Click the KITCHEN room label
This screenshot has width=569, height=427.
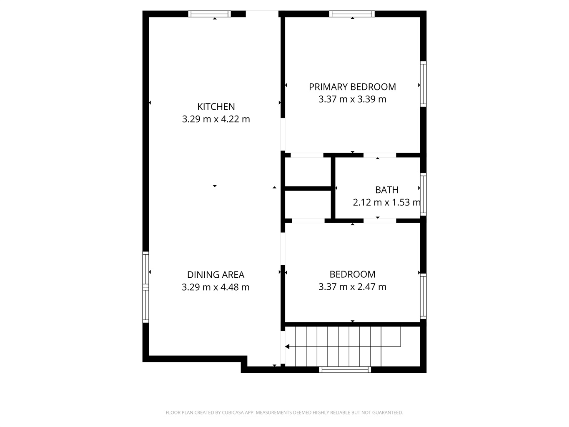[216, 107]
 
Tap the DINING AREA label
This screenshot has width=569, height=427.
[216, 274]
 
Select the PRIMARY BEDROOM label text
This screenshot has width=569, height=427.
[352, 87]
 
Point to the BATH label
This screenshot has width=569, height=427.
[387, 190]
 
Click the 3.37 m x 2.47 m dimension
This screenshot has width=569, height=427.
[352, 287]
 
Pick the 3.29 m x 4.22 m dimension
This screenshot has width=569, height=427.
[216, 119]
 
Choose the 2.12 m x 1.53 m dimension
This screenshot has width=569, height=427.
[386, 203]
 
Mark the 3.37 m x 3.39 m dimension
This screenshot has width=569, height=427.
[352, 99]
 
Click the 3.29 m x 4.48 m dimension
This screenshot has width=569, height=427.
[216, 287]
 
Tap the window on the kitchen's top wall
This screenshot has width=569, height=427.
[209, 14]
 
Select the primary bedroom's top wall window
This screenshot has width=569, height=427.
[352, 14]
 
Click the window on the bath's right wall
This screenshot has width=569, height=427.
[423, 194]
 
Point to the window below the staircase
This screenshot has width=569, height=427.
[345, 370]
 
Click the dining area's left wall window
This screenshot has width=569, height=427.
[145, 287]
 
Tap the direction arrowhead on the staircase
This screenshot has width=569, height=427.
[287, 347]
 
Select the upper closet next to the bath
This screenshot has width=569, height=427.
[308, 172]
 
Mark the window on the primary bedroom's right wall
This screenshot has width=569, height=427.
[423, 84]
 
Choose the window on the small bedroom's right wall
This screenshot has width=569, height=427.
[423, 296]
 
